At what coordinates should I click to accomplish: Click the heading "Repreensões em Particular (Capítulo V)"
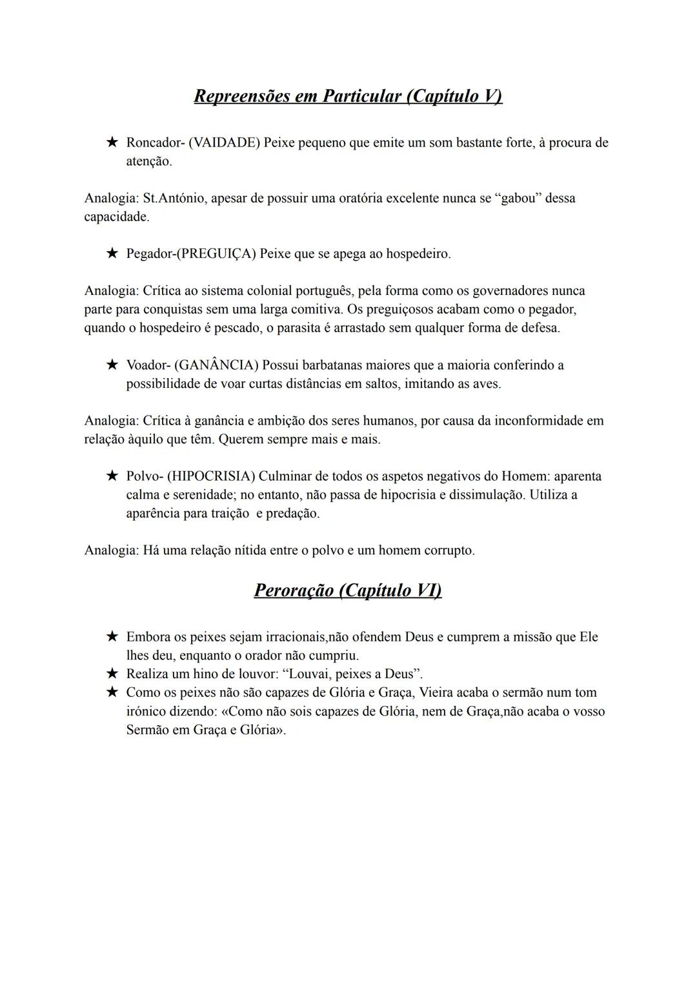(x=348, y=96)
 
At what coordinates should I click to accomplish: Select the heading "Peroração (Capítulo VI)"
(x=348, y=590)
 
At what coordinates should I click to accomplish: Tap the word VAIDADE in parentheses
(x=224, y=143)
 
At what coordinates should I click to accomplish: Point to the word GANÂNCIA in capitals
(x=216, y=365)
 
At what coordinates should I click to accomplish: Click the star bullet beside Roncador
(x=112, y=142)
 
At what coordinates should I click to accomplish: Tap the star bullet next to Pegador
(x=112, y=254)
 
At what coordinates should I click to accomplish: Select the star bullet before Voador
(x=112, y=365)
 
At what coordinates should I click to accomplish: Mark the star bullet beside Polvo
(x=112, y=476)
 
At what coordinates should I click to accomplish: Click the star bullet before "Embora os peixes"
(x=112, y=637)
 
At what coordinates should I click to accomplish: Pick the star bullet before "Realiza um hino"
(x=112, y=674)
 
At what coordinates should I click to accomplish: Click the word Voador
(x=146, y=365)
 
